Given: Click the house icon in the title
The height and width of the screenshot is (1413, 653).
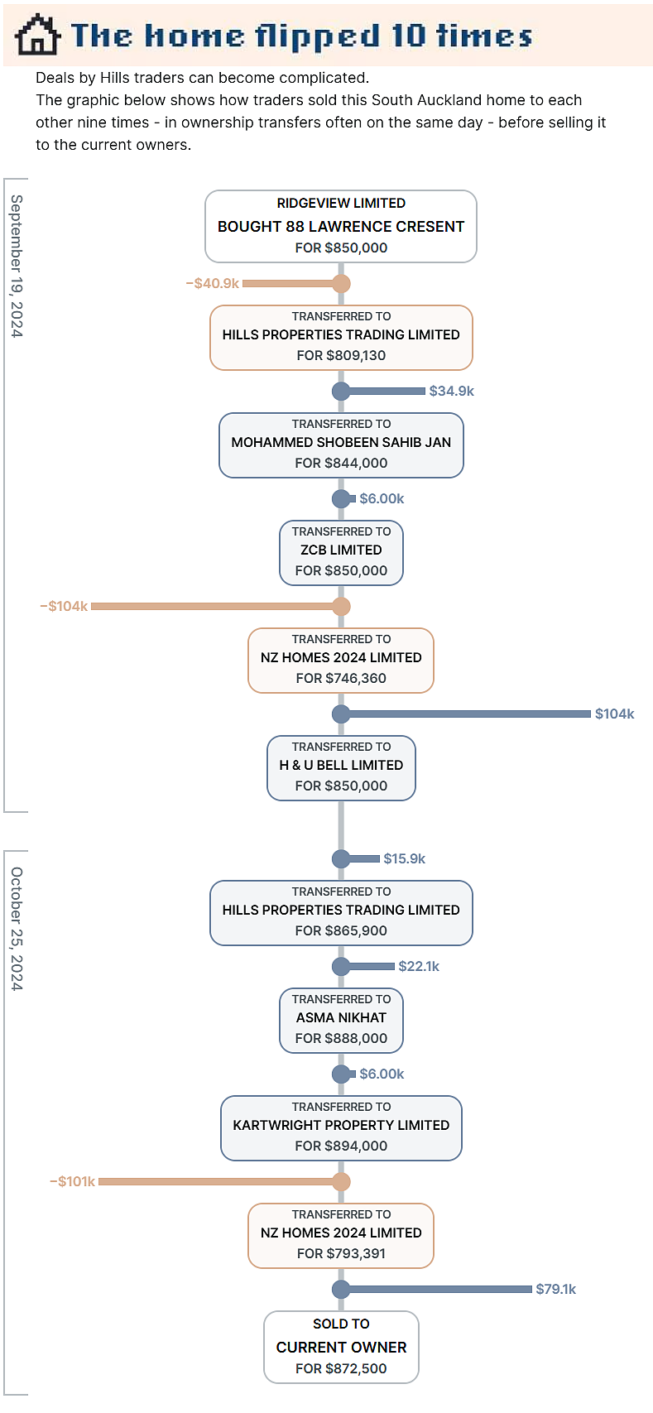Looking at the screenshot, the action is pos(38,36).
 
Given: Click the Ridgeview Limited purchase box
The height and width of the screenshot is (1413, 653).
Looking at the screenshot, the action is pos(341,226).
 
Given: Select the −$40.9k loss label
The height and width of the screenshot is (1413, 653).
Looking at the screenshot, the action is pos(213,283).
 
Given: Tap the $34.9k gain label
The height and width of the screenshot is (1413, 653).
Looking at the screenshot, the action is pos(452,391).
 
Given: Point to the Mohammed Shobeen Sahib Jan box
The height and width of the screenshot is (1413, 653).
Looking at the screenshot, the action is pos(341,445).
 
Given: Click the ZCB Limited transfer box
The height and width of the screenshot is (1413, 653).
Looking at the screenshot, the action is pos(341,553).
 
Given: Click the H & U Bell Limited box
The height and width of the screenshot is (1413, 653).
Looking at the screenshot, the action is pos(341,767).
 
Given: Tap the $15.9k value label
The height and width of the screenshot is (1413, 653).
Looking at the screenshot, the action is pos(405,858).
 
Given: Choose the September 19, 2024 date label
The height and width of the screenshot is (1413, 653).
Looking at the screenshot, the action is pos(17,267).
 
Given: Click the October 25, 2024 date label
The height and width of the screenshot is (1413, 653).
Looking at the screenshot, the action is pos(17,929).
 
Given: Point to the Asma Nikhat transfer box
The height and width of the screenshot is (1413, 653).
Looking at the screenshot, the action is pos(341,1020).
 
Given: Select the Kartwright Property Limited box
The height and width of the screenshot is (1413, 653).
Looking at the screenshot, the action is pos(341,1128).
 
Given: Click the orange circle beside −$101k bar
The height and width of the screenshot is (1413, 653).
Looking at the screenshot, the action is pos(341,1181).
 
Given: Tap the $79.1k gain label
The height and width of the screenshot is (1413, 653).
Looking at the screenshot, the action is pos(556,1289).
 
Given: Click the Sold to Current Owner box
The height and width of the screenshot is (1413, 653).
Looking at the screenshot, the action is pos(341,1347).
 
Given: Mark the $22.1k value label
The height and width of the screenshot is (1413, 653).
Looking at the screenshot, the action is pos(419,966).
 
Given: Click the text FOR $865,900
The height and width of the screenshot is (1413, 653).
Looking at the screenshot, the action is pos(341,930).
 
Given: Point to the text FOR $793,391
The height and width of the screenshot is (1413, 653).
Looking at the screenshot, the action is pos(341,1253).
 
